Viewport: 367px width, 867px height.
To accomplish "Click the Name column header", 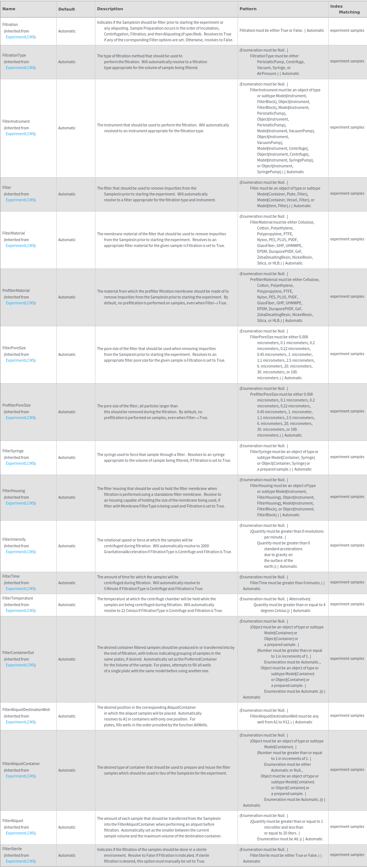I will [9, 9].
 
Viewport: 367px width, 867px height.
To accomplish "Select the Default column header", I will [67, 9].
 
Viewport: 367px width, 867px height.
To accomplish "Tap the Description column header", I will [110, 9].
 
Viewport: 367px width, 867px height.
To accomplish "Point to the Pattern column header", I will [248, 9].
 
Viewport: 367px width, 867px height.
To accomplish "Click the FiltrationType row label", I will [14, 55].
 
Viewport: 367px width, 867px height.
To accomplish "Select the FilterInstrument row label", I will [16, 121].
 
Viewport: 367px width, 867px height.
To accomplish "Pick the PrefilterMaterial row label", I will [16, 290].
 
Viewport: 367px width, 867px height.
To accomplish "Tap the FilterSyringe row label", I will [13, 451].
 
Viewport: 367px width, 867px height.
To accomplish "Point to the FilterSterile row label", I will [12, 849].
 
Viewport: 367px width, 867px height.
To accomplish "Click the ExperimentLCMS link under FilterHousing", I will [20, 503].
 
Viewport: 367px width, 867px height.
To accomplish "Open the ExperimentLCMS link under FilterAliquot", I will [20, 833].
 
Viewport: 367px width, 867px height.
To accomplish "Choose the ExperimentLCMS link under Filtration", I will [20, 37].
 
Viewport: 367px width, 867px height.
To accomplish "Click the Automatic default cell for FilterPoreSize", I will [67, 354].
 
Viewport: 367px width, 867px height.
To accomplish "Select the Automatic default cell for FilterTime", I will [67, 583].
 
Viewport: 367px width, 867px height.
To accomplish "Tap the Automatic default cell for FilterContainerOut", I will [67, 659].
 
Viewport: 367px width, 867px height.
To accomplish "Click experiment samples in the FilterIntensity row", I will [347, 545].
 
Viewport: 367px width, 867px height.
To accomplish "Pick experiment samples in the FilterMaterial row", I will [347, 239].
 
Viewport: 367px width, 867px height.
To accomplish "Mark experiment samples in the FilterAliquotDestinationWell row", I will [347, 715].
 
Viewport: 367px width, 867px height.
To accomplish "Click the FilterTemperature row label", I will [18, 598].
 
